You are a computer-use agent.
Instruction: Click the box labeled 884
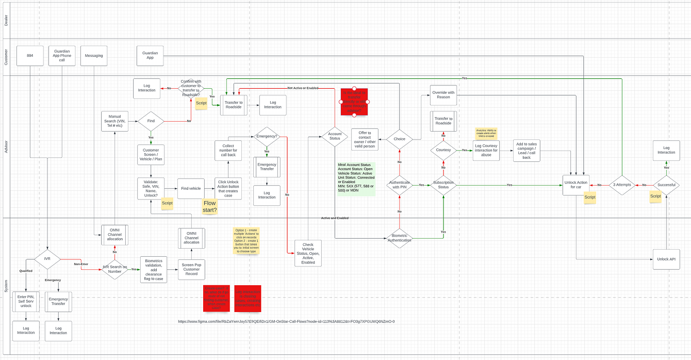[x=30, y=56]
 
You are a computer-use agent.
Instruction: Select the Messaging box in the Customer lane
[x=94, y=56]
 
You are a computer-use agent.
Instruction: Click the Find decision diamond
[x=151, y=121]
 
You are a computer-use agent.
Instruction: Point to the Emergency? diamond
[x=267, y=137]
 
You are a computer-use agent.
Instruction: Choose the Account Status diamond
[x=335, y=136]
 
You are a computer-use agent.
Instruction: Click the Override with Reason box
[x=443, y=95]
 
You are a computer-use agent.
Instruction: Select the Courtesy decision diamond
[x=443, y=150]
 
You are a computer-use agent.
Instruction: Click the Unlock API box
[x=666, y=259]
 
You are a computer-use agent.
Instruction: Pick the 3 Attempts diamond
[x=622, y=184]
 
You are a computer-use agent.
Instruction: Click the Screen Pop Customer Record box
[x=191, y=268]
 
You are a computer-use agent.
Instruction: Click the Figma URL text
[x=286, y=321]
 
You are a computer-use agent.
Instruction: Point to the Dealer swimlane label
[x=6, y=21]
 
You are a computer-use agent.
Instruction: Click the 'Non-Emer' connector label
[x=81, y=264]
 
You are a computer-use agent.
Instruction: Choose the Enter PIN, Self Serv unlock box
[x=26, y=302]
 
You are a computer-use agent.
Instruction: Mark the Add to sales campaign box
[x=527, y=150]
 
